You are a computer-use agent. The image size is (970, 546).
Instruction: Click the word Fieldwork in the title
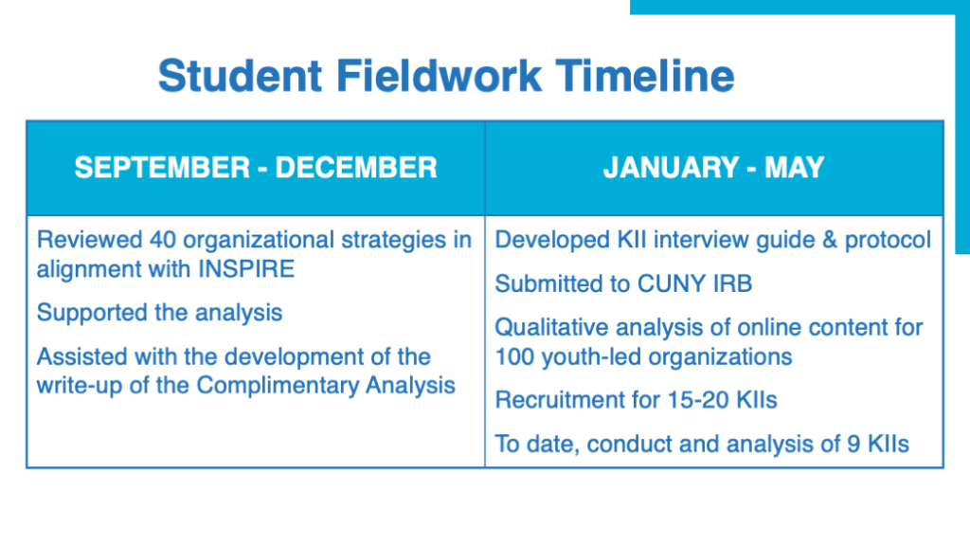coord(439,76)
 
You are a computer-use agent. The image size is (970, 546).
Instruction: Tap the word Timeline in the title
coord(644,76)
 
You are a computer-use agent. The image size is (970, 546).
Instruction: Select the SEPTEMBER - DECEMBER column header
coord(256,168)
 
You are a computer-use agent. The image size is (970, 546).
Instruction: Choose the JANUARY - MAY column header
coord(714,168)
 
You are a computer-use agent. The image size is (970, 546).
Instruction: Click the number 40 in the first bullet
coord(163,240)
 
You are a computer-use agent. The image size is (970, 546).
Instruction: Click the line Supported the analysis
coord(159,313)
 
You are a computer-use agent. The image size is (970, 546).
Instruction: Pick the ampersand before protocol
coord(830,240)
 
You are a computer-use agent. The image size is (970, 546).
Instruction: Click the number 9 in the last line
coord(853,444)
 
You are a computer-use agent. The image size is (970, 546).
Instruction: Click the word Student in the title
coord(240,76)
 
